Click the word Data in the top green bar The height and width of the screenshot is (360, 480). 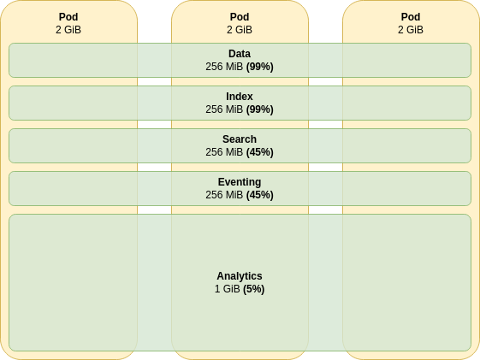click(x=240, y=54)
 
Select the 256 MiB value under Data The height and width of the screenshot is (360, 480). click(x=224, y=67)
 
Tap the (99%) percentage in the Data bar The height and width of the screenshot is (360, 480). click(x=260, y=67)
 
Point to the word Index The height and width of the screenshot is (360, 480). click(x=240, y=97)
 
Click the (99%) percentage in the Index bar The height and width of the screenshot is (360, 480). click(x=260, y=109)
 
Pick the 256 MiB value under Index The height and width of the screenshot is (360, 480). click(x=224, y=109)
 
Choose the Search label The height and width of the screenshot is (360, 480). click(x=240, y=139)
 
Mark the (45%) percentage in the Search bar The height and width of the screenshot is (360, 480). click(x=260, y=152)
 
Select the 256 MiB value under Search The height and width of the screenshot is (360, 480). click(x=224, y=152)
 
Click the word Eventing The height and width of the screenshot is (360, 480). click(x=240, y=182)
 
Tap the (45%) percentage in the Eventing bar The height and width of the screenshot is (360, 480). click(x=260, y=195)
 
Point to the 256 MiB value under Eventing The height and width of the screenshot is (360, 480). click(x=224, y=195)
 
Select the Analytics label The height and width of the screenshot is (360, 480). click(x=240, y=276)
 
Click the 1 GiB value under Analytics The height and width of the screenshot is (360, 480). click(x=227, y=289)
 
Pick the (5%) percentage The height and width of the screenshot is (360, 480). click(x=254, y=289)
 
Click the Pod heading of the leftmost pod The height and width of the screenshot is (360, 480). click(x=68, y=17)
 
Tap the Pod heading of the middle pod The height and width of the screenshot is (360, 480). click(x=240, y=17)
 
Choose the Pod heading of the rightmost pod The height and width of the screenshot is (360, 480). click(x=411, y=17)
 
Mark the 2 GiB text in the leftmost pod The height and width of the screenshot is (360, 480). click(x=68, y=30)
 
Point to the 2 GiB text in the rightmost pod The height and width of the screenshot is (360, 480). click(x=411, y=30)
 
